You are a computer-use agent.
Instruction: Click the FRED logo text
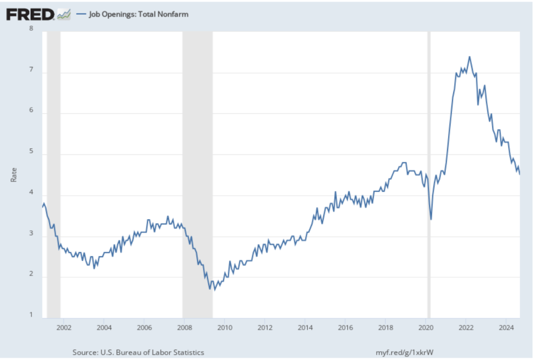(30, 15)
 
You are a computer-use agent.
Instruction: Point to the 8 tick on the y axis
(31, 29)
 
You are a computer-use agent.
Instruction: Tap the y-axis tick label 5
(31, 154)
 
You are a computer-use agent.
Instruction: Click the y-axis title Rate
(14, 174)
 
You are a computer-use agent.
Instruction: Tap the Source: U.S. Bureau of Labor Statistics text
(138, 353)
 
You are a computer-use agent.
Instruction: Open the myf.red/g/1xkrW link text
(405, 353)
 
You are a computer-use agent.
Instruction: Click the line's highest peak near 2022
(469, 57)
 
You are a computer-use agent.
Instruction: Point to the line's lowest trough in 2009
(214, 290)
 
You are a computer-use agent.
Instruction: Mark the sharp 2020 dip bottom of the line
(431, 219)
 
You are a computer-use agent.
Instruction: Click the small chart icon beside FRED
(64, 15)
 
